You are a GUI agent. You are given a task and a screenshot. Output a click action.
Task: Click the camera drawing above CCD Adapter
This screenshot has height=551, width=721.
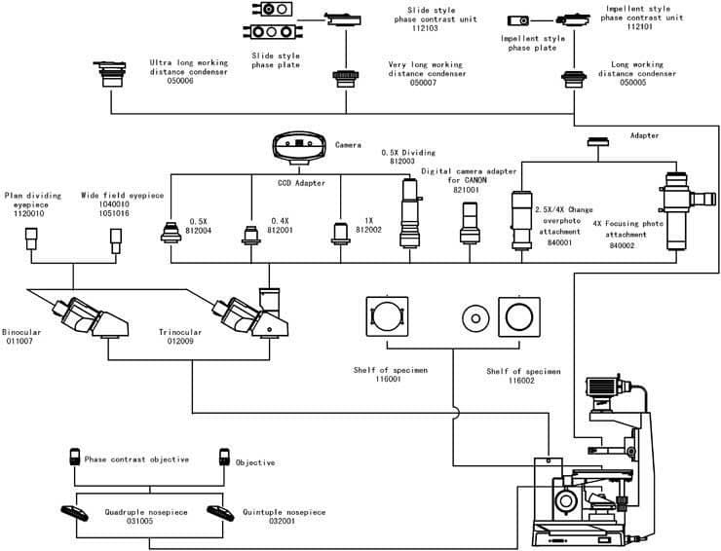pos(299,147)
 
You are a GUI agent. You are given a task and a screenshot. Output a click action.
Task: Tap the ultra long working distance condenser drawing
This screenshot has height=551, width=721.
pos(110,74)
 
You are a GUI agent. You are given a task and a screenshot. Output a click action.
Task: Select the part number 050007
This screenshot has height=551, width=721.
pos(423,83)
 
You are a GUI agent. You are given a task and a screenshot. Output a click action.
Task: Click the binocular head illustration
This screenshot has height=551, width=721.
pos(90,318)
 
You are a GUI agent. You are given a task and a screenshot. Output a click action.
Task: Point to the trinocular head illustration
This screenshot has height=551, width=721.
pos(251,314)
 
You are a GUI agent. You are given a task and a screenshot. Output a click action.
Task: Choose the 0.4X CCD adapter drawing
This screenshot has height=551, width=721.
pos(251,235)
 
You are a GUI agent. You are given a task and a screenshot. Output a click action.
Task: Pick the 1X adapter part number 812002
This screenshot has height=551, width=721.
pos(368,230)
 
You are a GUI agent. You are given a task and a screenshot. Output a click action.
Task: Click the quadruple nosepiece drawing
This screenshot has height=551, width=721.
pos(74,513)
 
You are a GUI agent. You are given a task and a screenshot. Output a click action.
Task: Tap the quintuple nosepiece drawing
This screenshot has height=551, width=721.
pos(221,513)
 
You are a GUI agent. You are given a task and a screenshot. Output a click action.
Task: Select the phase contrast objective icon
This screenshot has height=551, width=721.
pos(75,458)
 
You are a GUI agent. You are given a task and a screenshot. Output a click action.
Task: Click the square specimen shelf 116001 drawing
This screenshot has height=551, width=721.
pos(387,316)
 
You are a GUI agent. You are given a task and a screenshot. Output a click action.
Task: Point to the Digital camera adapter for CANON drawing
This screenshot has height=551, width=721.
pos(470,223)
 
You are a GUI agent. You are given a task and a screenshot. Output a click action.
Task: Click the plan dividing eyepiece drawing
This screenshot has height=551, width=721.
pos(31,239)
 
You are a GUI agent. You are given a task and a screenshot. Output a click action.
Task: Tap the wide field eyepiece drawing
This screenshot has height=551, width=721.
pos(116,240)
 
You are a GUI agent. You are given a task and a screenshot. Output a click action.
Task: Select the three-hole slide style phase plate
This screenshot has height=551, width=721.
pos(272,32)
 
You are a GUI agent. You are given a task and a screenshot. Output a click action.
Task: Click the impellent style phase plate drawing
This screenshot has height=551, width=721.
pos(518,20)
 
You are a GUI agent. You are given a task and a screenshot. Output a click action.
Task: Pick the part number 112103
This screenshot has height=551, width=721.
pos(425,28)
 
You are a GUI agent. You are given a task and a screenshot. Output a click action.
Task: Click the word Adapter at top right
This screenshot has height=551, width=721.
pos(644,135)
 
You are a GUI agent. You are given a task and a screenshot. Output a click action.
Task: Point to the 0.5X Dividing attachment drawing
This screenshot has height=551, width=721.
pos(409,213)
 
